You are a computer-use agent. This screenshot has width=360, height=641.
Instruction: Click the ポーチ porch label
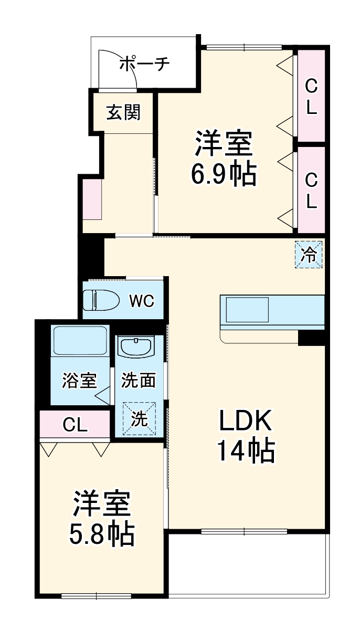click(144, 64)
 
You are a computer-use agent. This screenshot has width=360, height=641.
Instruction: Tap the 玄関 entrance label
click(124, 112)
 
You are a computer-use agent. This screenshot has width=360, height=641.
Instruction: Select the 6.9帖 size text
click(224, 174)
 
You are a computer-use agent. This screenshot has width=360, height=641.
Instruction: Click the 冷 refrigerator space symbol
click(309, 254)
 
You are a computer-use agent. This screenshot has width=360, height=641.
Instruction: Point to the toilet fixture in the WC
click(102, 301)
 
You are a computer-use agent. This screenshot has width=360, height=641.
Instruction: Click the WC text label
click(142, 301)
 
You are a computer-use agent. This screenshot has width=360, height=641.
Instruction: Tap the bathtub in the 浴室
click(80, 341)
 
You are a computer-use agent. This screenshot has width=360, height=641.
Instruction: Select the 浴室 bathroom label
click(79, 381)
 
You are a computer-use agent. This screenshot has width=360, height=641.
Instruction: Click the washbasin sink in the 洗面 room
click(135, 346)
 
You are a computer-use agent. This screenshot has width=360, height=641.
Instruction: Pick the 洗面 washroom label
click(139, 381)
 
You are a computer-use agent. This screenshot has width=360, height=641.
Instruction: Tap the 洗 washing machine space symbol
click(139, 418)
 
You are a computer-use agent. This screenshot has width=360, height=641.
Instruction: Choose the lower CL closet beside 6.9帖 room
click(312, 191)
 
